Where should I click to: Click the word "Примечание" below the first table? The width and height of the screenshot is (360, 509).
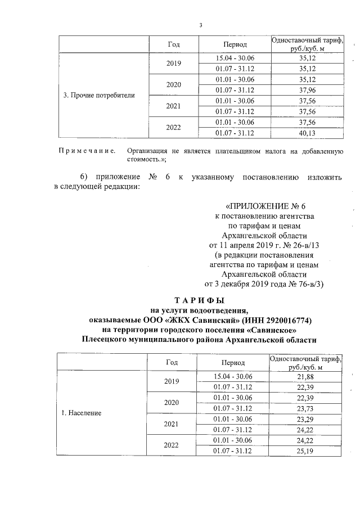pos(87,151)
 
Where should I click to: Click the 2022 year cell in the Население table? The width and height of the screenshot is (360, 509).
pos(171,445)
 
